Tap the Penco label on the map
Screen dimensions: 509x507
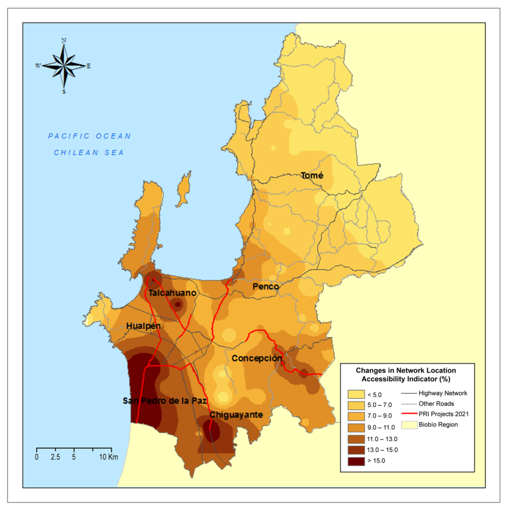[265, 287]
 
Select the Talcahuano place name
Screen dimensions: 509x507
[172, 293]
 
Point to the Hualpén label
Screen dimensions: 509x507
[143, 326]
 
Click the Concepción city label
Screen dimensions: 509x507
[257, 358]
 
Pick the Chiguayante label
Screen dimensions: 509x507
[236, 415]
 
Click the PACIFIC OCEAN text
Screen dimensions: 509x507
[89, 136]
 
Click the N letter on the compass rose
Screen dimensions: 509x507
[64, 41]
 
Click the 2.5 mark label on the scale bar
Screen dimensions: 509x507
[55, 457]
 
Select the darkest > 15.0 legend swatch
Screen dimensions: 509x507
[356, 461]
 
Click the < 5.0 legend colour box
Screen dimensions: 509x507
[356, 394]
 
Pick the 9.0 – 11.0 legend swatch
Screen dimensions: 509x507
[356, 427]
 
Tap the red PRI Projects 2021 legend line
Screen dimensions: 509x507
[409, 414]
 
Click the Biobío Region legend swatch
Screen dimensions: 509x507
[409, 425]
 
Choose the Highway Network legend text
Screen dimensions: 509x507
[443, 393]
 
